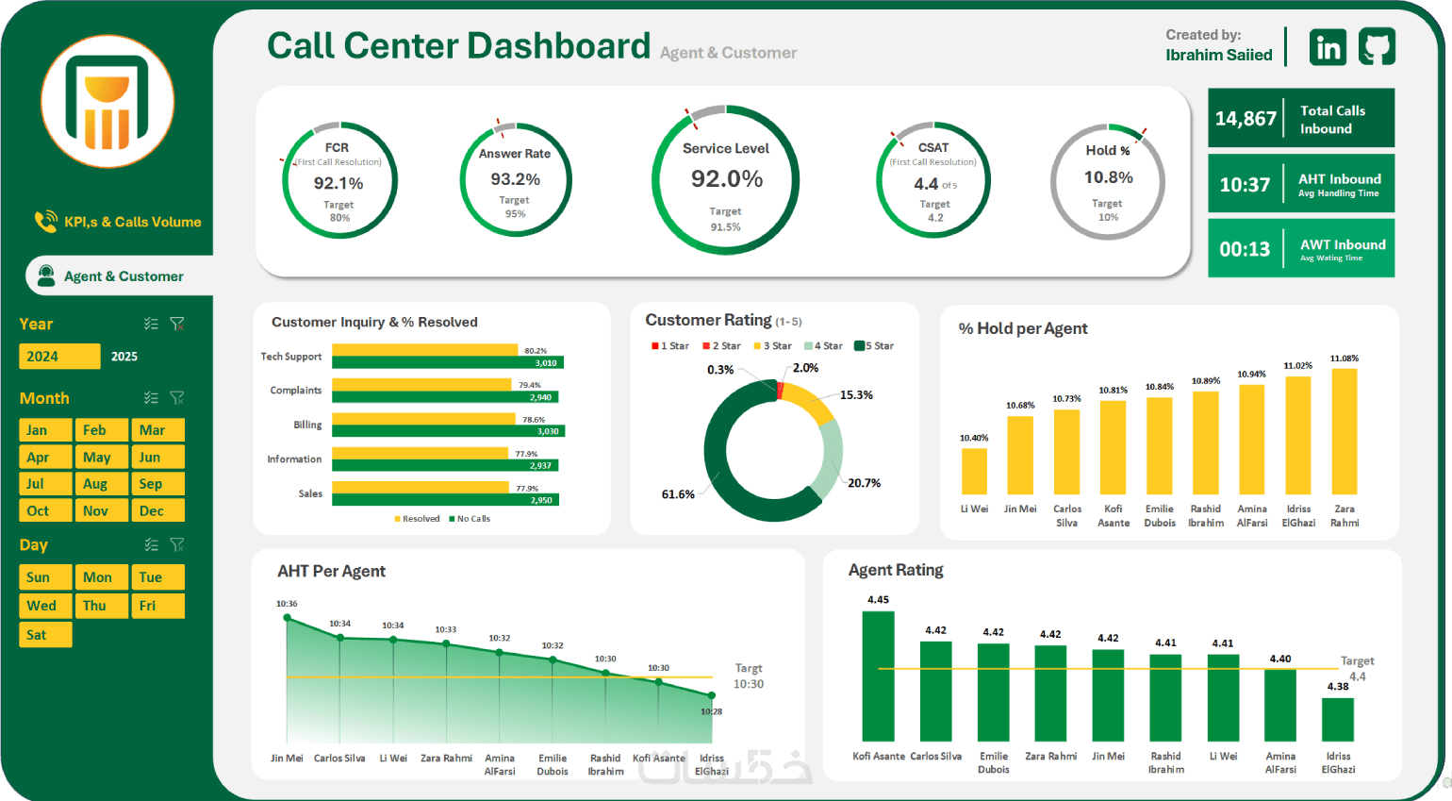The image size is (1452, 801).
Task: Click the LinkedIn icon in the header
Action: (x=1328, y=47)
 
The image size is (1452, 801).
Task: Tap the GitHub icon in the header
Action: (x=1377, y=46)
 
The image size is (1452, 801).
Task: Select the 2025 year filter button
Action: (x=124, y=357)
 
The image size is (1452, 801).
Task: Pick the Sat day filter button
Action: (x=44, y=635)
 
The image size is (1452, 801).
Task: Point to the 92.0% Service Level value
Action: (x=726, y=179)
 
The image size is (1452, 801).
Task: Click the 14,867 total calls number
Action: (x=1246, y=119)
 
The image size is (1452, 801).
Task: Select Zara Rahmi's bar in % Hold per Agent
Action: (x=1345, y=431)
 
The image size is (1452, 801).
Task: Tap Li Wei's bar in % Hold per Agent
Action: (x=974, y=471)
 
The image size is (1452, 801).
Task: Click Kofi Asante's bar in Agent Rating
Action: (x=878, y=676)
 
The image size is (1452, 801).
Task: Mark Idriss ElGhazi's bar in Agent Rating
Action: (x=1338, y=719)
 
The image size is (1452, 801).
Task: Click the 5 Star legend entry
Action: (x=874, y=346)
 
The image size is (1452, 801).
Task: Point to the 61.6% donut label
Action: (x=678, y=494)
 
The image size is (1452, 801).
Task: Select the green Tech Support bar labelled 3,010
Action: (x=447, y=363)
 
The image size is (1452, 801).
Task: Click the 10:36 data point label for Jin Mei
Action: (x=287, y=604)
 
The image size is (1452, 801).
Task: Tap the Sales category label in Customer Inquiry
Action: (x=310, y=493)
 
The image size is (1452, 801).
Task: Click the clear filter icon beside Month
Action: (x=177, y=398)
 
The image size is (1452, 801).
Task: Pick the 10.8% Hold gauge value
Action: (x=1108, y=177)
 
